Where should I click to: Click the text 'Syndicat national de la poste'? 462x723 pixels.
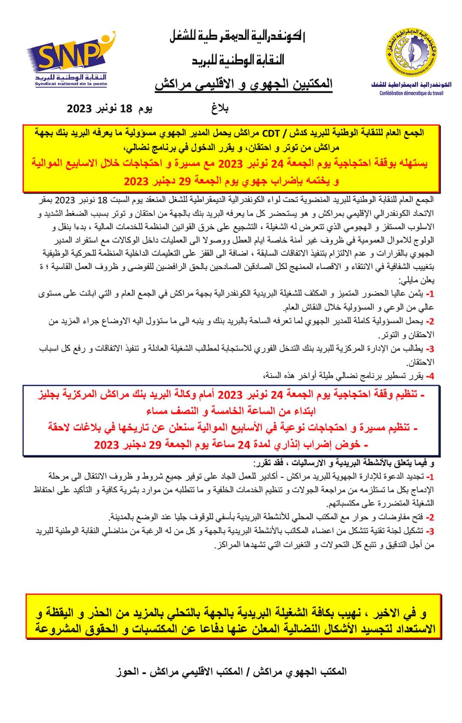[x=71, y=84]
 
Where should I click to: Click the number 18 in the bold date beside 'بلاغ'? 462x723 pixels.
[x=127, y=108]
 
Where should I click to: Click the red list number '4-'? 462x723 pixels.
[x=429, y=376]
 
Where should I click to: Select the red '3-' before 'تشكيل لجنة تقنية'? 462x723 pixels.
[x=430, y=531]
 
